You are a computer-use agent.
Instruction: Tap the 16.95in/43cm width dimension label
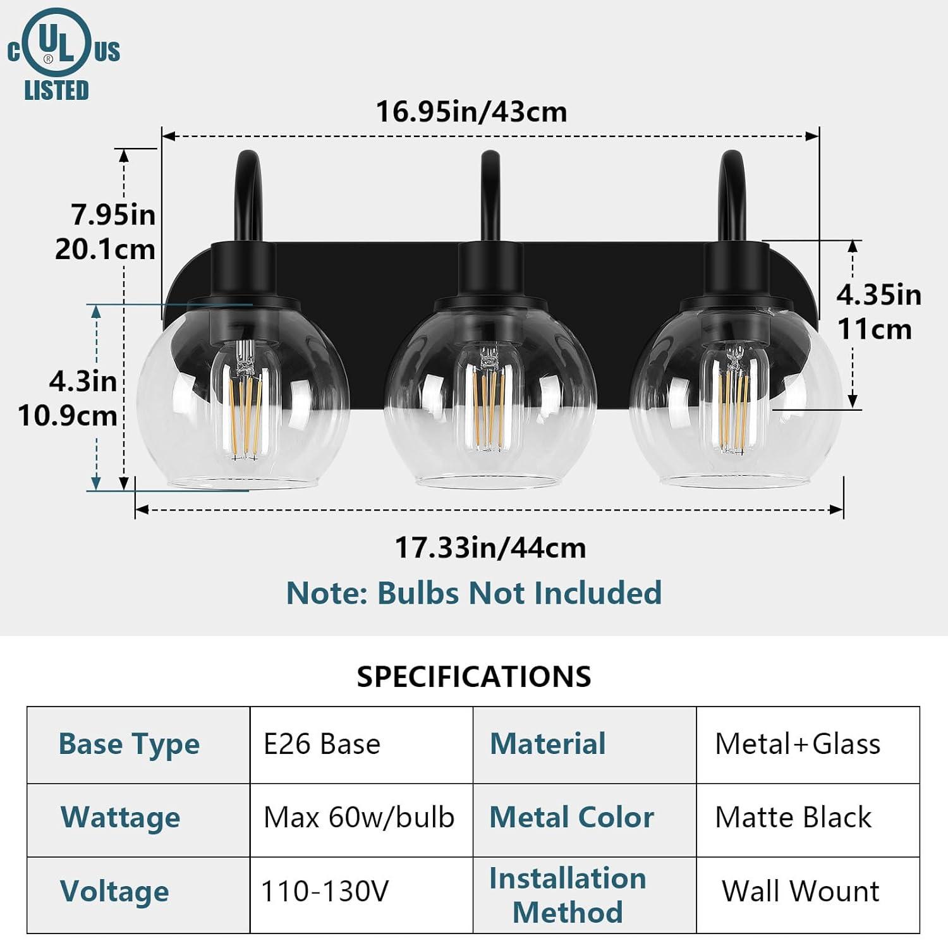(471, 112)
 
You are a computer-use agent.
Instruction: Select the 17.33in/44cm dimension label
(490, 547)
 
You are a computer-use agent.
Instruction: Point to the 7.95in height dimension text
(113, 215)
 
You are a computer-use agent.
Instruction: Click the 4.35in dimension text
(879, 295)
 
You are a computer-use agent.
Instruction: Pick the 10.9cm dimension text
(68, 416)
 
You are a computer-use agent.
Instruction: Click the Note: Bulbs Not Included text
(474, 593)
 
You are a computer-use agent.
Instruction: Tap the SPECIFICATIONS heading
(474, 676)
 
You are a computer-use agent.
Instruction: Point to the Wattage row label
(121, 817)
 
